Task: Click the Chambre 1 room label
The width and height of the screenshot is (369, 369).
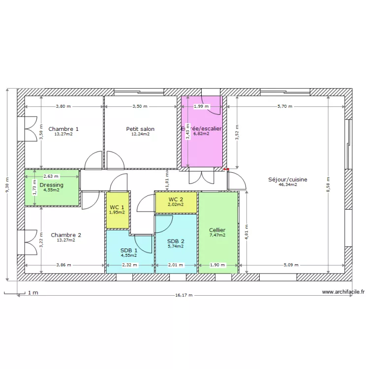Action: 63,129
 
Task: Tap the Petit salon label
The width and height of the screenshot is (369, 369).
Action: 140,129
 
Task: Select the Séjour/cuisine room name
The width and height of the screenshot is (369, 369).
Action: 288,180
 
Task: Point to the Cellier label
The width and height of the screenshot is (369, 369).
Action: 217,230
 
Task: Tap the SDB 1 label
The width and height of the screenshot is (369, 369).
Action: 128,250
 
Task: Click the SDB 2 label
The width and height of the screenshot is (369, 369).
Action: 176,241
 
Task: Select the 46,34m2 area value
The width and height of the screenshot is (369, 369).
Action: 288,185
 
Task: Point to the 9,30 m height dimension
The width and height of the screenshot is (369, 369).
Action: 7,185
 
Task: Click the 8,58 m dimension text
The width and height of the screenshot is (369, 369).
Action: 329,185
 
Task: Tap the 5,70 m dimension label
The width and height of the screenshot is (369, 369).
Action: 284,106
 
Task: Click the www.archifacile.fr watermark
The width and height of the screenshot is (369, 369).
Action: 343,292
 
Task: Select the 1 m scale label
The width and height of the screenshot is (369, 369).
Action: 33,293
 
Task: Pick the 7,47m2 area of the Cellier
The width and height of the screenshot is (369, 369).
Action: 217,235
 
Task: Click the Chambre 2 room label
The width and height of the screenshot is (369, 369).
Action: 66,235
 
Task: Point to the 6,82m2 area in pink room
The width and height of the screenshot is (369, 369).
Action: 201,133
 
